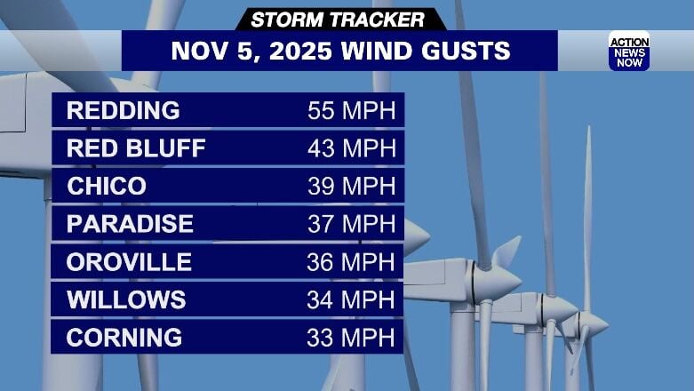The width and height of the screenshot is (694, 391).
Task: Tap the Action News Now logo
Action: pyautogui.click(x=628, y=51)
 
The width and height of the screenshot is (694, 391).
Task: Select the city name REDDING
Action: pyautogui.click(x=123, y=111)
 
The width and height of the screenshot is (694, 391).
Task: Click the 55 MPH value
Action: pyautogui.click(x=350, y=111)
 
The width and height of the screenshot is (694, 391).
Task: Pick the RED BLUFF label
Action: pyautogui.click(x=136, y=148)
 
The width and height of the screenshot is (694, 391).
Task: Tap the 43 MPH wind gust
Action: pyautogui.click(x=350, y=148)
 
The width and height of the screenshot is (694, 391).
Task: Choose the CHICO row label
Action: pyautogui.click(x=107, y=187)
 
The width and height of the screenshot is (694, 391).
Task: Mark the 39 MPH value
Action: pyautogui.click(x=350, y=187)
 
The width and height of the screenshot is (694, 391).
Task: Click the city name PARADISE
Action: pyautogui.click(x=130, y=224)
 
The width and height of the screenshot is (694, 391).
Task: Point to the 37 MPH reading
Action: pyautogui.click(x=350, y=224)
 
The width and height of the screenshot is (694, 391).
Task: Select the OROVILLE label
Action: pyautogui.click(x=129, y=262)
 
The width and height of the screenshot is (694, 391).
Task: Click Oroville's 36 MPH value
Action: pyautogui.click(x=350, y=262)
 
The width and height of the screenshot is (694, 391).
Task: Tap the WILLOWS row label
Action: pyautogui.click(x=126, y=299)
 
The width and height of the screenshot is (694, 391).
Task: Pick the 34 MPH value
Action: pyautogui.click(x=350, y=299)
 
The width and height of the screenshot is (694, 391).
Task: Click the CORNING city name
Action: pyautogui.click(x=124, y=338)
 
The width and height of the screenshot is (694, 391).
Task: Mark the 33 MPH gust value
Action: pyautogui.click(x=350, y=338)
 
